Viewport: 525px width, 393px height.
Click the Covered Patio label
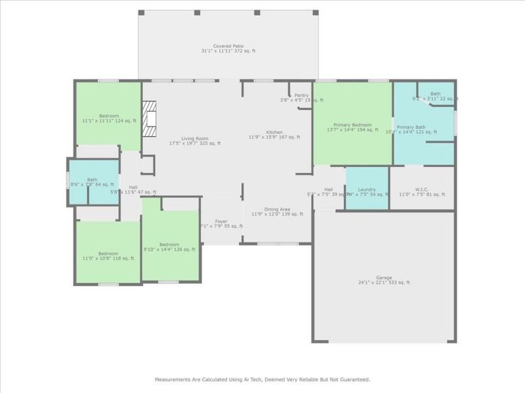(228, 47)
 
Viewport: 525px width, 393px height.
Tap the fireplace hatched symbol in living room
(150, 118)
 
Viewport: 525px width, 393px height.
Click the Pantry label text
(301, 95)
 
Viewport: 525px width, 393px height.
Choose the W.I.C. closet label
(422, 189)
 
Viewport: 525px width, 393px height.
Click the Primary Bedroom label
(352, 125)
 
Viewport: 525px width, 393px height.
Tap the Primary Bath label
(411, 126)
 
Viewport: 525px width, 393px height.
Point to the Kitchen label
(274, 132)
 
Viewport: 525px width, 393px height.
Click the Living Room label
(194, 138)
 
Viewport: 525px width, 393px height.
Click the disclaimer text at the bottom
(262, 379)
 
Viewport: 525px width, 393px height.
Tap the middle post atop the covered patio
(228, 12)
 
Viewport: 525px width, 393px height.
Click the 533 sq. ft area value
(400, 282)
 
